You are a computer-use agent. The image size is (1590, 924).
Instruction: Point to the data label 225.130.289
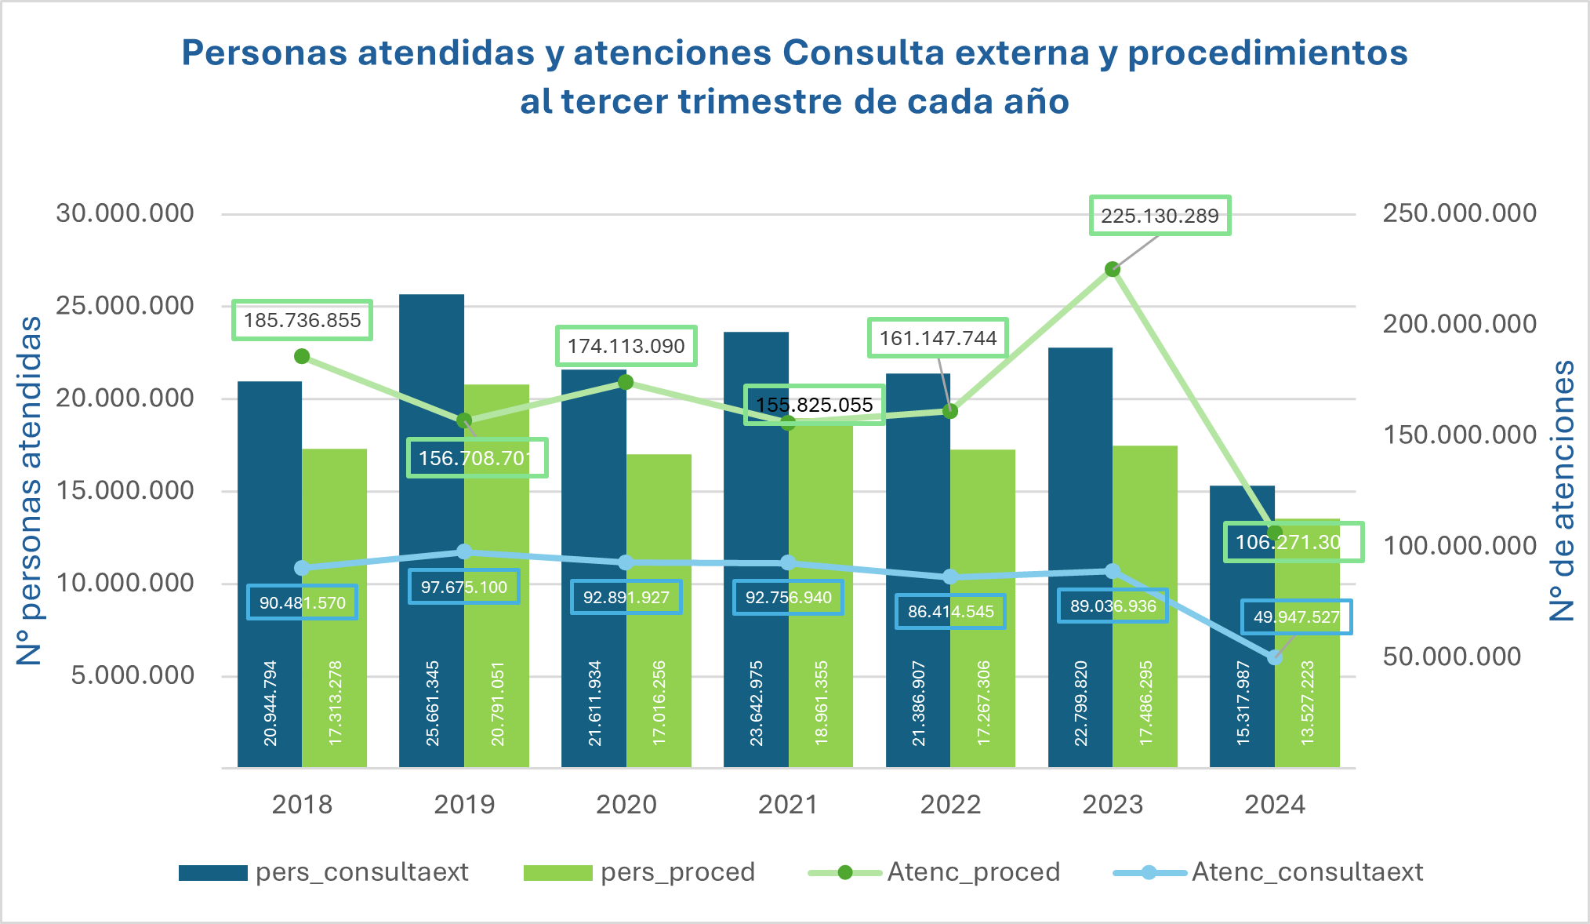click(1160, 216)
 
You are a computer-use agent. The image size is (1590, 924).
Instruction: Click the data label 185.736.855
click(302, 320)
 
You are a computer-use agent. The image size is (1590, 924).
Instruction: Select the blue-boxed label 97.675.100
click(464, 587)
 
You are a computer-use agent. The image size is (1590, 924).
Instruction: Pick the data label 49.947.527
click(1296, 617)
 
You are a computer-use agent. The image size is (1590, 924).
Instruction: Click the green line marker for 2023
click(1112, 269)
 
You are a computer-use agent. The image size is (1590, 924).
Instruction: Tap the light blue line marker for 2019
click(464, 551)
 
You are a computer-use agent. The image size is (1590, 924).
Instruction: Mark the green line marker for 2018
click(302, 356)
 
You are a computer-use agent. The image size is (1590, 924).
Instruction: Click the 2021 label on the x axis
click(788, 805)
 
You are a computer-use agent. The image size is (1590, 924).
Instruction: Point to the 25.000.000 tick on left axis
click(125, 306)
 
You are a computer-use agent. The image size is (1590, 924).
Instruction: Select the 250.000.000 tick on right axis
click(1459, 213)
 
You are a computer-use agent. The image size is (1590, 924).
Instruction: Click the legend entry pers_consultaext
click(361, 872)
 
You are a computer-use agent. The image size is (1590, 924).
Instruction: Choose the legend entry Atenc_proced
click(973, 872)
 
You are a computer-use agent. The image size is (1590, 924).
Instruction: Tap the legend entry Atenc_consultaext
click(1307, 872)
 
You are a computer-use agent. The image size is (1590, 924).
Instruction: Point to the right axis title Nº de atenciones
click(1563, 490)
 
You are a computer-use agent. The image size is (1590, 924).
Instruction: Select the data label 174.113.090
click(626, 346)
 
